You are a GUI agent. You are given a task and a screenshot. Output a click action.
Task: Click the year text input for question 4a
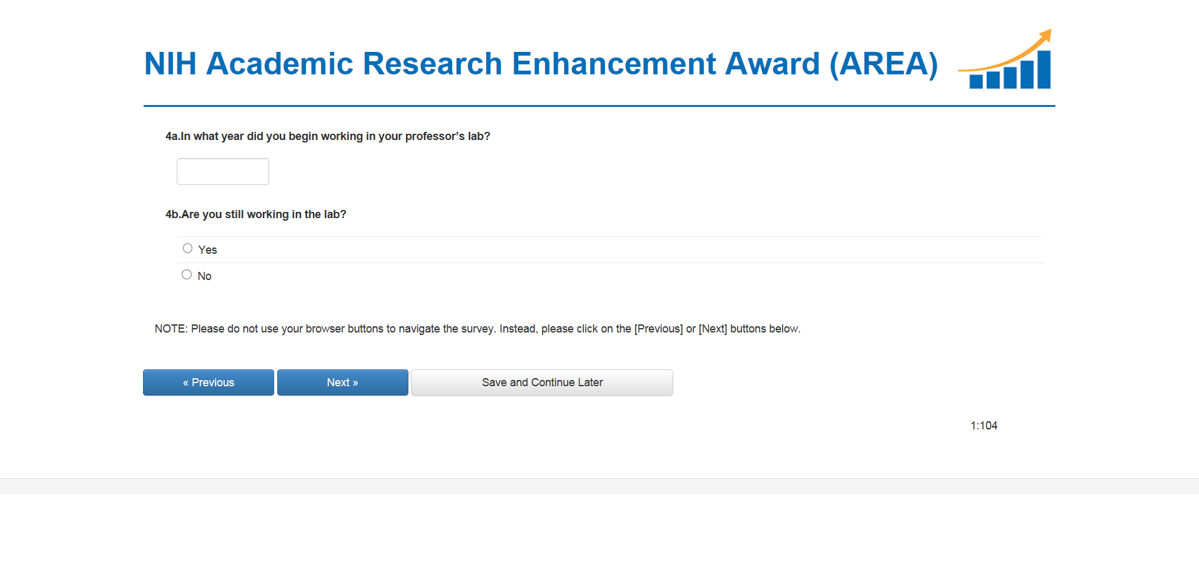223,171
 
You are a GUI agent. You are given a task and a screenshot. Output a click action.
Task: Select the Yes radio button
187,248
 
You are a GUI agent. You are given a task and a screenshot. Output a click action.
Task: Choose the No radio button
187,274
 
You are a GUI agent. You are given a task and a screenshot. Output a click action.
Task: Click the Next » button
343,382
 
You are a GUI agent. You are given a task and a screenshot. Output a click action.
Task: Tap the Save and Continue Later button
542,382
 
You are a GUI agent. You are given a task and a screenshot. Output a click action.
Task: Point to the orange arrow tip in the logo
1051,29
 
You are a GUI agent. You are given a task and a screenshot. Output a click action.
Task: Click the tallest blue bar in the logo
1044,69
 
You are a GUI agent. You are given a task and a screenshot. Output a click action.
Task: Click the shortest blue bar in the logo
976,82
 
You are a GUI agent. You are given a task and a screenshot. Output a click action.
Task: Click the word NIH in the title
170,64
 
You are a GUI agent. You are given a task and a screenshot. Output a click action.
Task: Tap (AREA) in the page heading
884,64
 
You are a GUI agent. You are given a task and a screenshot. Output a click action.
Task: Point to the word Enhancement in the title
614,64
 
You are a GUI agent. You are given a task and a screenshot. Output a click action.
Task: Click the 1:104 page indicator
984,426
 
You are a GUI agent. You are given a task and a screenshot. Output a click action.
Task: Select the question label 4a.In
178,136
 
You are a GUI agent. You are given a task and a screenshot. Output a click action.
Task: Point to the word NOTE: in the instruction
171,329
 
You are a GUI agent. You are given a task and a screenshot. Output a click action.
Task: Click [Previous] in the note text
659,329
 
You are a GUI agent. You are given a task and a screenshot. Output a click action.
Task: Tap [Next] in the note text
713,329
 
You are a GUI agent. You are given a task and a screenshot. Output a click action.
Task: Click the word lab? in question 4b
335,214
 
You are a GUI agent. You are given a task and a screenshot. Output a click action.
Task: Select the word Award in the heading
772,64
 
